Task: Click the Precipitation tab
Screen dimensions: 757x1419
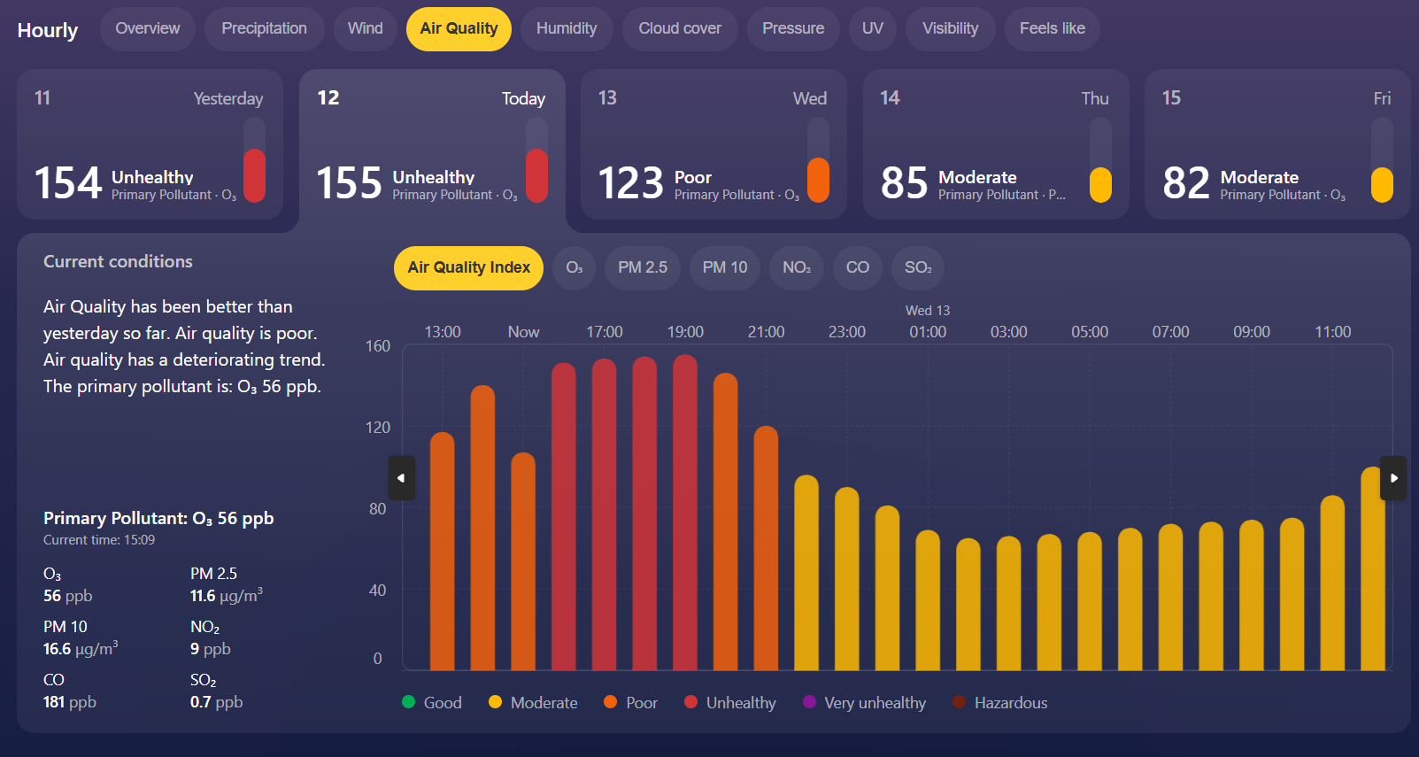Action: [264, 28]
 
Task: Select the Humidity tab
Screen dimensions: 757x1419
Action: [566, 28]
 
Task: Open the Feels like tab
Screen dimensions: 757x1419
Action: [1052, 28]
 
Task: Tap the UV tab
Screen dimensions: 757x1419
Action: [872, 28]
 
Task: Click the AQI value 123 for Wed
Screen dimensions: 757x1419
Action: [630, 183]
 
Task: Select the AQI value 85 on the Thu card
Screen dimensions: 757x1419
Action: [904, 183]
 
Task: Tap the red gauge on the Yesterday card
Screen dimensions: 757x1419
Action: [254, 174]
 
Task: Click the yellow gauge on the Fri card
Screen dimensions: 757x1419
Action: [1382, 184]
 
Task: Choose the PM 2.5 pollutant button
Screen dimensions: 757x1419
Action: [642, 267]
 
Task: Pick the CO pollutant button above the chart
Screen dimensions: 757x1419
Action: [857, 267]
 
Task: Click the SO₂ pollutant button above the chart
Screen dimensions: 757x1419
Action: [917, 267]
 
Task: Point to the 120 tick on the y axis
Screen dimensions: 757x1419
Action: [378, 428]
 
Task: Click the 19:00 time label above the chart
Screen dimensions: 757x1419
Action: [685, 332]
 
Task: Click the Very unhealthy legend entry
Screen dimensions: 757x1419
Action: [864, 702]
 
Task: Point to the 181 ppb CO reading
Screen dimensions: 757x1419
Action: [70, 702]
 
